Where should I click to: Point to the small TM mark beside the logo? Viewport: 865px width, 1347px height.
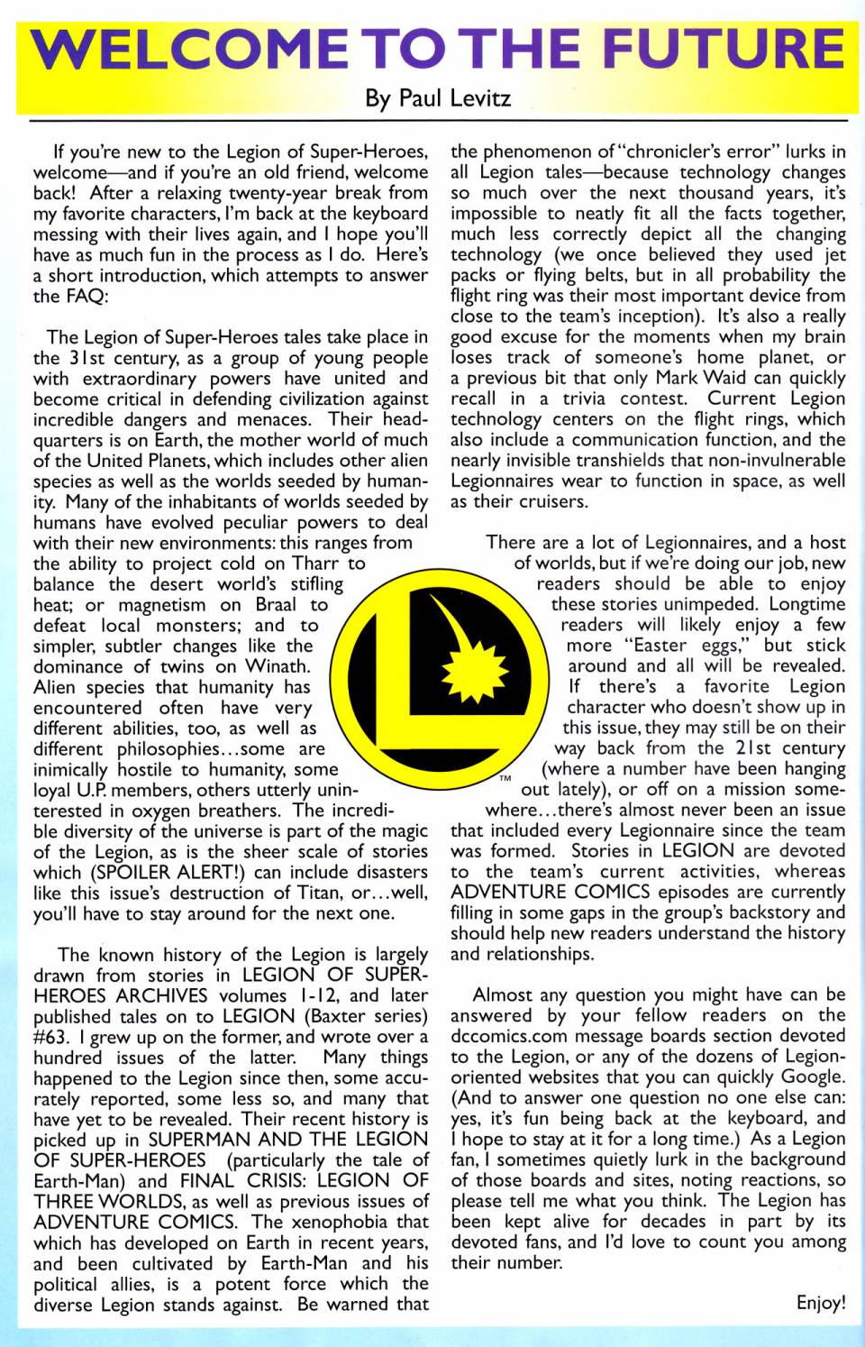pyautogui.click(x=505, y=776)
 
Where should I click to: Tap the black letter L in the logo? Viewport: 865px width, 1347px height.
pyautogui.click(x=432, y=685)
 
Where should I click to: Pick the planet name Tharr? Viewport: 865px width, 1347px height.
pyautogui.click(x=314, y=564)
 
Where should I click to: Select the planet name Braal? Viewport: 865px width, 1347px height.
pyautogui.click(x=276, y=605)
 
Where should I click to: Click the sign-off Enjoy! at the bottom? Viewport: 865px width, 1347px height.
pyautogui.click(x=820, y=1303)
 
